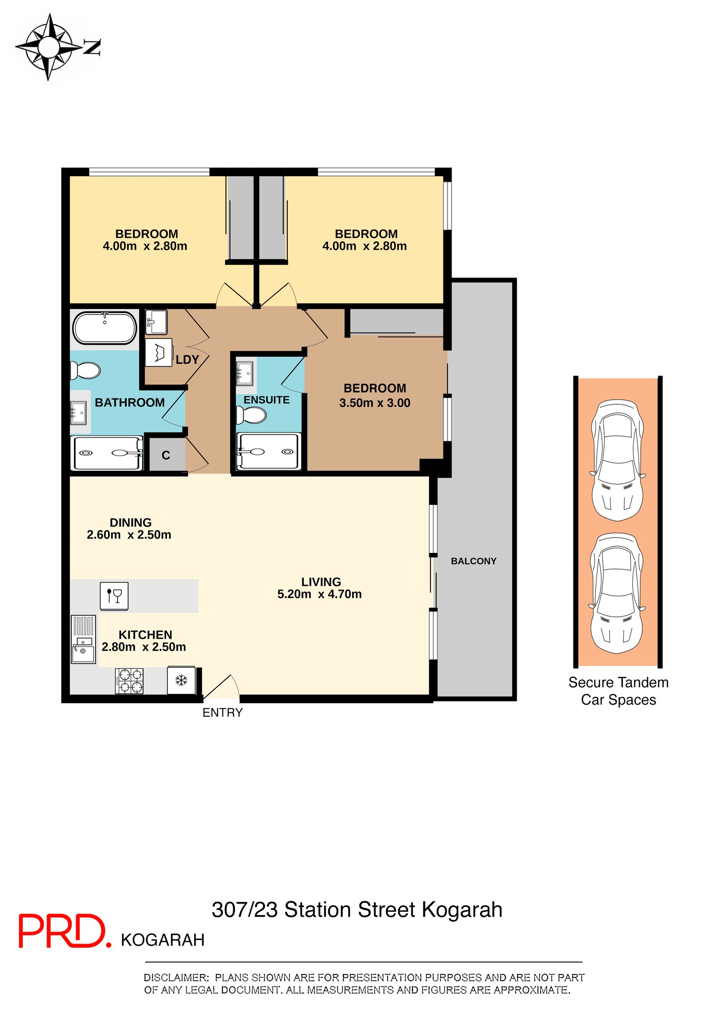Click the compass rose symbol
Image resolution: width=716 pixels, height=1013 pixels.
49,47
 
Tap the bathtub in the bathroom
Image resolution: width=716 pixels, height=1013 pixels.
105,328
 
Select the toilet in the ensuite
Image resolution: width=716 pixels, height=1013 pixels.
251,415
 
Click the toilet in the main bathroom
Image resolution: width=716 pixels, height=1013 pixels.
85,370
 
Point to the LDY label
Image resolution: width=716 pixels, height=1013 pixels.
187,359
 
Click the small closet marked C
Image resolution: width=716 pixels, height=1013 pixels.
166,455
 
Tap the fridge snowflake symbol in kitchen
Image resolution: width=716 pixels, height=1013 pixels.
181,680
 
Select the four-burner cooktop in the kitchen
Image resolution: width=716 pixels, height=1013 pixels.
129,681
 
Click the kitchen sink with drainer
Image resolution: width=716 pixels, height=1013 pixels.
83,639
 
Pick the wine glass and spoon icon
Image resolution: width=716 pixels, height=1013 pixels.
114,596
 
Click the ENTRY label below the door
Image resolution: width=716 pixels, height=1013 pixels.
222,713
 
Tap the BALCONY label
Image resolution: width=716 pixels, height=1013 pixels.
473,561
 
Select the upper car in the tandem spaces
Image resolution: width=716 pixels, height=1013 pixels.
618,460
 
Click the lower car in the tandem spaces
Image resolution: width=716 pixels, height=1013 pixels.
617,593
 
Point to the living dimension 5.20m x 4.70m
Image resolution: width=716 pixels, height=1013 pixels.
319,594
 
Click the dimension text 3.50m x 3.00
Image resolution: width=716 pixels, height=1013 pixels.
375,403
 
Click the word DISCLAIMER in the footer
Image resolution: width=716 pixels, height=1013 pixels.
176,977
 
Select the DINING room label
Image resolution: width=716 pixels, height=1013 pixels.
131,522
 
